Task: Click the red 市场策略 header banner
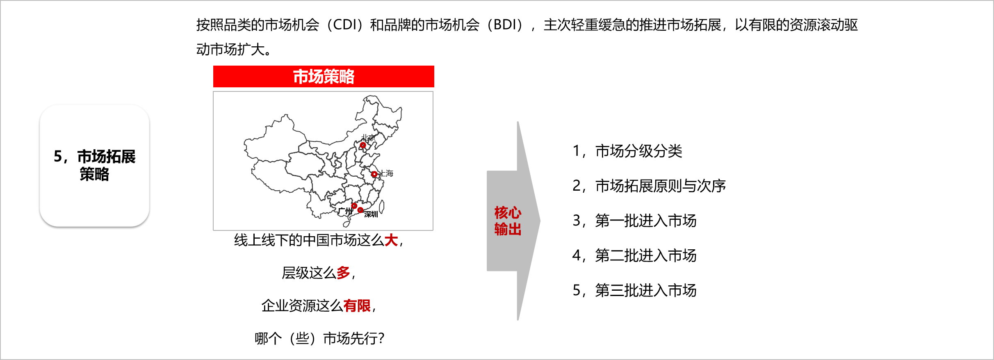(x=324, y=76)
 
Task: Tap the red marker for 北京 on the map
(x=363, y=145)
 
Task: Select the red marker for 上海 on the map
(x=374, y=174)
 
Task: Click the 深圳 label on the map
(x=371, y=214)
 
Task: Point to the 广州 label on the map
(x=345, y=211)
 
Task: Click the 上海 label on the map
(x=386, y=173)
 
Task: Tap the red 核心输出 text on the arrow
(x=508, y=221)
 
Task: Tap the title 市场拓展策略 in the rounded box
(x=95, y=165)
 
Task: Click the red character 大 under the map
(x=391, y=240)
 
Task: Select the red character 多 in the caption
(x=343, y=273)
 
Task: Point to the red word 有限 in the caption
(x=357, y=305)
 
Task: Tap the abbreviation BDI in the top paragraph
(x=505, y=25)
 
